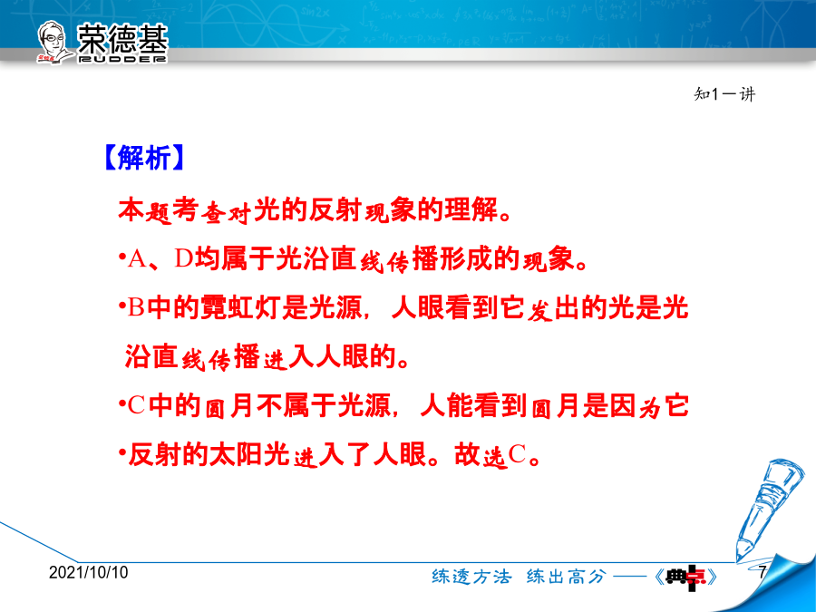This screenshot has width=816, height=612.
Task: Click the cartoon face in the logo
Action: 53,42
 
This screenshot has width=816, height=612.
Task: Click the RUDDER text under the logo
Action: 122,59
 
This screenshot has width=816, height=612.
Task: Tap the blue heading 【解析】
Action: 144,158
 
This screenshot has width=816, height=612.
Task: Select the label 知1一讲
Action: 724,94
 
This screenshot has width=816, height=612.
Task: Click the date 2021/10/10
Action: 89,572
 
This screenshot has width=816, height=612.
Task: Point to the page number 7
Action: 762,572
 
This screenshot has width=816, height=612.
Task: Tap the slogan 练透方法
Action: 472,576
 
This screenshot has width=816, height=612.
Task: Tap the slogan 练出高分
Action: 567,576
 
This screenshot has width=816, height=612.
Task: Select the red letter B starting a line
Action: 136,307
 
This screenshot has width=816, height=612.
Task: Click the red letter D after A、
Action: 184,258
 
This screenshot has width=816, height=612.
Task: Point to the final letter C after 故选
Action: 517,454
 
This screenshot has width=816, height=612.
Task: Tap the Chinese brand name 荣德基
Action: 122,38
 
